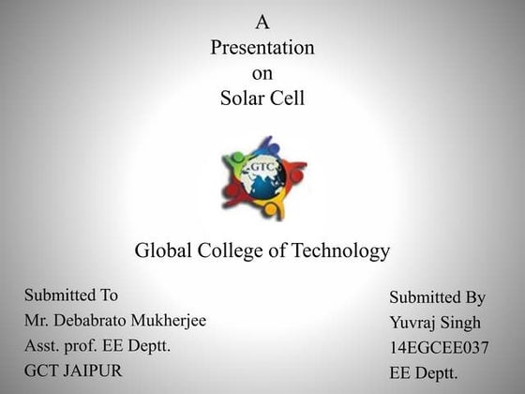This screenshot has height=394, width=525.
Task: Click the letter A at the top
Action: (262, 21)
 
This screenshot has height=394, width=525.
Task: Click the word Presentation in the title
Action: (262, 47)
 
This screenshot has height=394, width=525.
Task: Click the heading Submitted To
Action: (71, 295)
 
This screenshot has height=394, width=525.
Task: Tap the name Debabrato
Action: (99, 321)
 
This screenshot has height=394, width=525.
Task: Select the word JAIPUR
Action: (91, 370)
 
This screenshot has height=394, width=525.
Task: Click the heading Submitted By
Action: (437, 298)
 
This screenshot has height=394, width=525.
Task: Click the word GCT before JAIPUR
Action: (40, 370)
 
